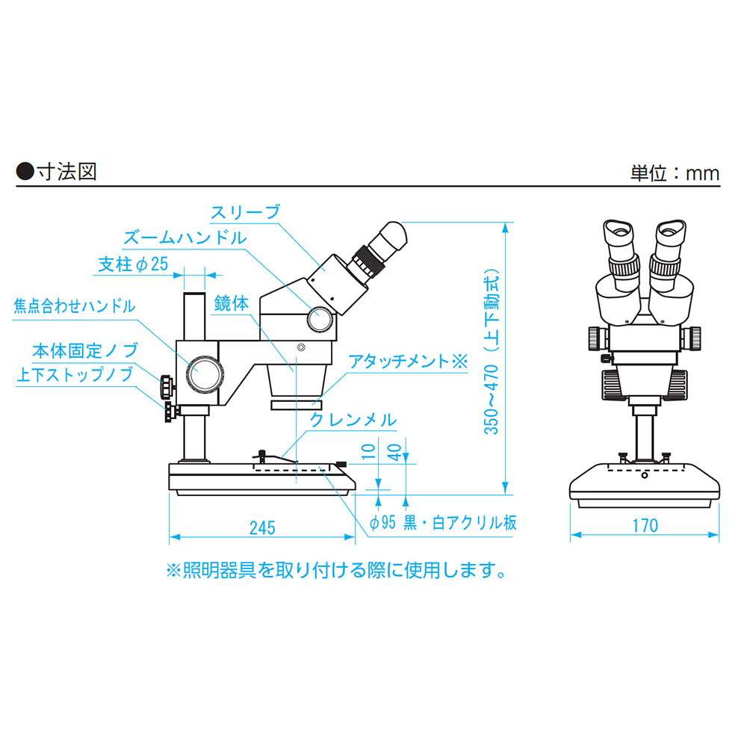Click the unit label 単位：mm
(675, 173)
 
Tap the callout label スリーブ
(245, 212)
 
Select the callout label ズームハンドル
(185, 238)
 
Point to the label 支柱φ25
(134, 264)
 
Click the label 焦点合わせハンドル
(74, 306)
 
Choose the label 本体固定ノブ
(85, 350)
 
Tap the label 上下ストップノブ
(75, 374)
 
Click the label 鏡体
(232, 303)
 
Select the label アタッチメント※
(409, 362)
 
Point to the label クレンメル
(353, 420)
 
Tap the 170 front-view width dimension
(645, 526)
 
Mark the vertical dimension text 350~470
(492, 399)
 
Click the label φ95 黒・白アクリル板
(443, 523)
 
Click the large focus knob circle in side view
(205, 373)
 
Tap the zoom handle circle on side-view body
(320, 319)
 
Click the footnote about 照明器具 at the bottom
(336, 570)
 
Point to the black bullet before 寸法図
(25, 172)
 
